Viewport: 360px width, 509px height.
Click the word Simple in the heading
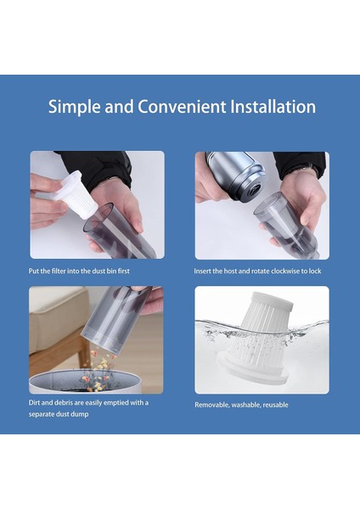coord(75,107)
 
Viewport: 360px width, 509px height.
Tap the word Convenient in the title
coord(182,107)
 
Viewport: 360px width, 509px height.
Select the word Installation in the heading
coord(273,107)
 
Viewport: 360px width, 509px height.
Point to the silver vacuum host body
coord(235,175)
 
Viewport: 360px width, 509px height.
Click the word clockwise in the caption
coord(286,271)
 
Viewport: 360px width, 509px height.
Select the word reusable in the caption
coord(276,405)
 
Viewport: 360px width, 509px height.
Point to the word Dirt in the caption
coord(34,403)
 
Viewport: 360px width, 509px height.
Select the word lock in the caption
coord(315,271)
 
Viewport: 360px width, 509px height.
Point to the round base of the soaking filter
coord(253,371)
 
